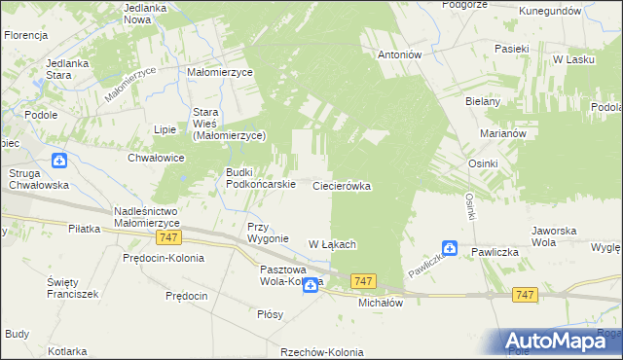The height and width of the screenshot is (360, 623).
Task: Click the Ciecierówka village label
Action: [x=342, y=186]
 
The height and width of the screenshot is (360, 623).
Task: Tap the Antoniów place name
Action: [x=399, y=55]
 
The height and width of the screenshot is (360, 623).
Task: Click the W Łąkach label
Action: [x=332, y=243]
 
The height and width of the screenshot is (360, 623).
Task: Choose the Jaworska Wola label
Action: [x=557, y=236]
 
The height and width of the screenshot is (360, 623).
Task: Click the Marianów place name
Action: [x=503, y=134]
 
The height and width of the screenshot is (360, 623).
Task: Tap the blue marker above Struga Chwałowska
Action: [x=60, y=160]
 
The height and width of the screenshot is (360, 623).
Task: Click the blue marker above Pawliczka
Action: [x=450, y=248]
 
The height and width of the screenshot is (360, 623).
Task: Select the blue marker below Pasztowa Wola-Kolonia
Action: [x=310, y=284]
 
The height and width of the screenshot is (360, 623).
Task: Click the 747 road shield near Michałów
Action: [x=365, y=281]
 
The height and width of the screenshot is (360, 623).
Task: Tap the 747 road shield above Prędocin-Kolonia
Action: [x=167, y=238]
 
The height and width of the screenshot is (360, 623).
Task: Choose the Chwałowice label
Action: [x=156, y=157]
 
